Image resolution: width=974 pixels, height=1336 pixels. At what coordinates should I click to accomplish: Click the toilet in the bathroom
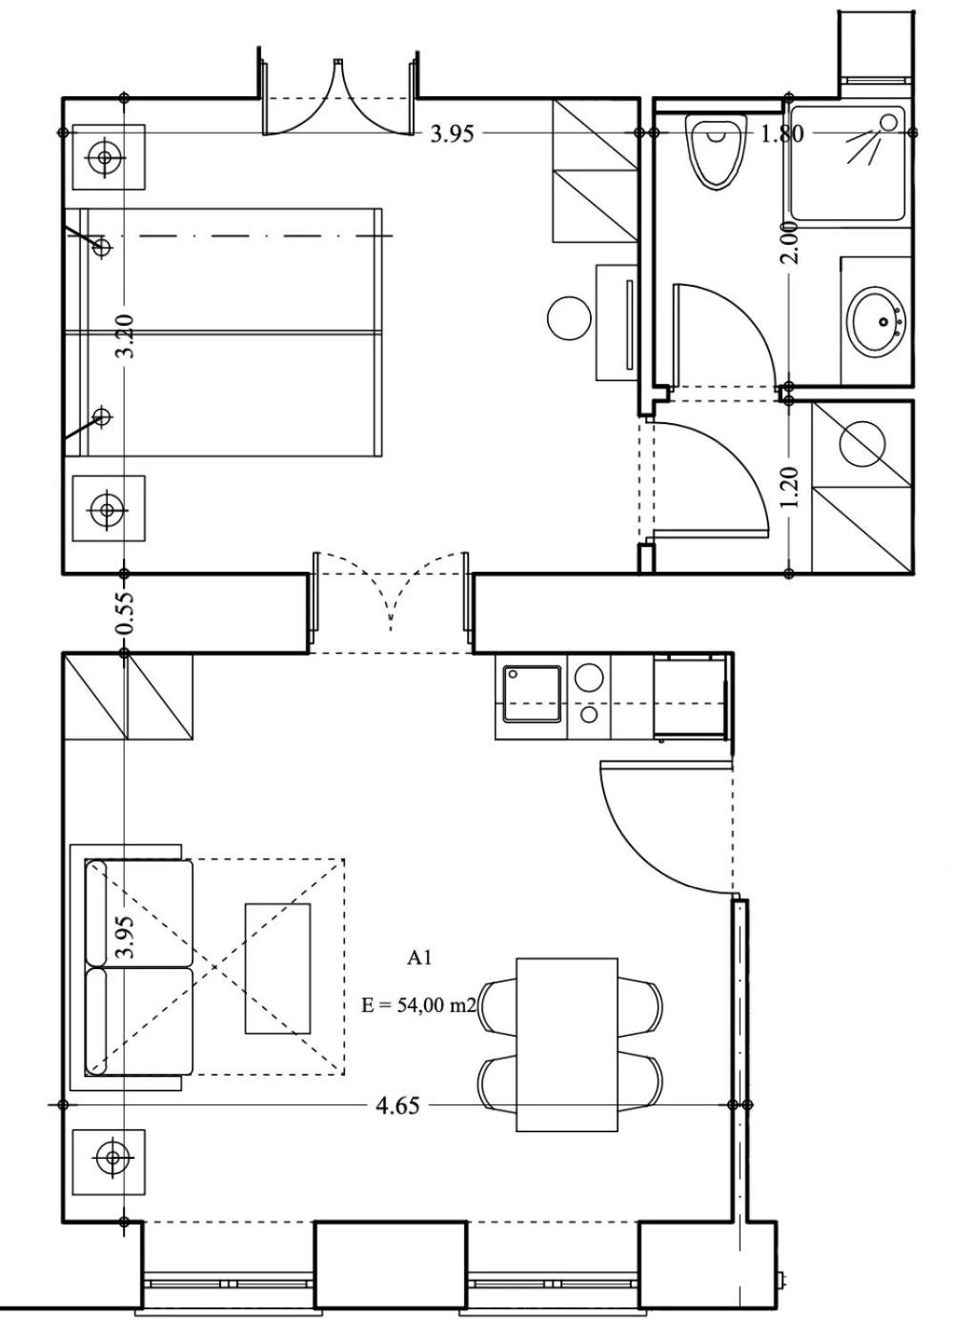click(x=716, y=151)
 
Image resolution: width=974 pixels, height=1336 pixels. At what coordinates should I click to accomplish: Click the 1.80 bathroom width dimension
click(x=781, y=133)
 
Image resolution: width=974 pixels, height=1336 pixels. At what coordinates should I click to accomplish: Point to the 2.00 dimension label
click(x=790, y=243)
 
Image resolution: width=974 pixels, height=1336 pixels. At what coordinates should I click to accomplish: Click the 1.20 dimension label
click(x=789, y=487)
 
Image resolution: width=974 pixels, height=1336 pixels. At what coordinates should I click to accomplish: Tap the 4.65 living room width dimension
click(x=397, y=1105)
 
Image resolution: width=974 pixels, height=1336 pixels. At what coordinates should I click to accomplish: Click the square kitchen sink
click(x=533, y=694)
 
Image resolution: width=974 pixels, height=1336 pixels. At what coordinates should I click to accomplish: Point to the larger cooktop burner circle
click(x=590, y=678)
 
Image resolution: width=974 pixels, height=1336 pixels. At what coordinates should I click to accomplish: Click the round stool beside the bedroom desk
click(x=569, y=318)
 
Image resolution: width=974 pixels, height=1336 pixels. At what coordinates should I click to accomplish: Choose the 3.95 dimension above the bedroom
click(x=452, y=134)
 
